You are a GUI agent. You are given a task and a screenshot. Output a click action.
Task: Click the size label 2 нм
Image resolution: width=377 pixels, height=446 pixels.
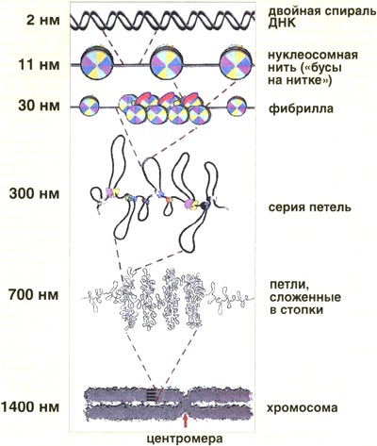[43, 21]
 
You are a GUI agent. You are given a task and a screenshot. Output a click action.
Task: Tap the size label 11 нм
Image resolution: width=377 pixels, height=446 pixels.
[39, 65]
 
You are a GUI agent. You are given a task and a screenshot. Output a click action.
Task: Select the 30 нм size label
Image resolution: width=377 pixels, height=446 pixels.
[39, 107]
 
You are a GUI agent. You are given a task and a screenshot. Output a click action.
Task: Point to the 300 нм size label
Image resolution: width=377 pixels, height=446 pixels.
[35, 193]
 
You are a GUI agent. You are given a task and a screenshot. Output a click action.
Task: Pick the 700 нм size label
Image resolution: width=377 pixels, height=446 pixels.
[34, 295]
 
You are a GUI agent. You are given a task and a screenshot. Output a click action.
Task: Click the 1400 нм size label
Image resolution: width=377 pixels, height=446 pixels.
[30, 407]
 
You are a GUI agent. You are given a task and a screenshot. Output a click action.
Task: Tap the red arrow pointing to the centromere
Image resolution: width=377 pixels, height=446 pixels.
[186, 421]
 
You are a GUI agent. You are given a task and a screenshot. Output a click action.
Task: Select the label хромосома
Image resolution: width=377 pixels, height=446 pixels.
[303, 408]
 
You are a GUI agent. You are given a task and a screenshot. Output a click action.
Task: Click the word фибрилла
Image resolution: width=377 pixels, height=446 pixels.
[301, 108]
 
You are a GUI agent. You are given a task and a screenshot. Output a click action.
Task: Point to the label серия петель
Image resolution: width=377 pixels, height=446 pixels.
[309, 207]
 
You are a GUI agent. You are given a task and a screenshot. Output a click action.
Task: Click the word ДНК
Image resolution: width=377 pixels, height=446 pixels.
[282, 24]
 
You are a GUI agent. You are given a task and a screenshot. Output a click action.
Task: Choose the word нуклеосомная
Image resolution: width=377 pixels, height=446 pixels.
[313, 56]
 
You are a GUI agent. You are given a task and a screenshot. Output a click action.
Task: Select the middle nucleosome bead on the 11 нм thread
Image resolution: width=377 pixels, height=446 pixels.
[167, 63]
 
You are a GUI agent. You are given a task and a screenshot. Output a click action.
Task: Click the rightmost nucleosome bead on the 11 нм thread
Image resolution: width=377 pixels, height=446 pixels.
[237, 63]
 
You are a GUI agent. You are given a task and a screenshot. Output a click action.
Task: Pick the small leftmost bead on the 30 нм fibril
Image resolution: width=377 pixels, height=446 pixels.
[89, 107]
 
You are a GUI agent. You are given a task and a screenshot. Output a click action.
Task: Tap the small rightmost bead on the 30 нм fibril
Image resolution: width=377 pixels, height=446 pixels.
[237, 107]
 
